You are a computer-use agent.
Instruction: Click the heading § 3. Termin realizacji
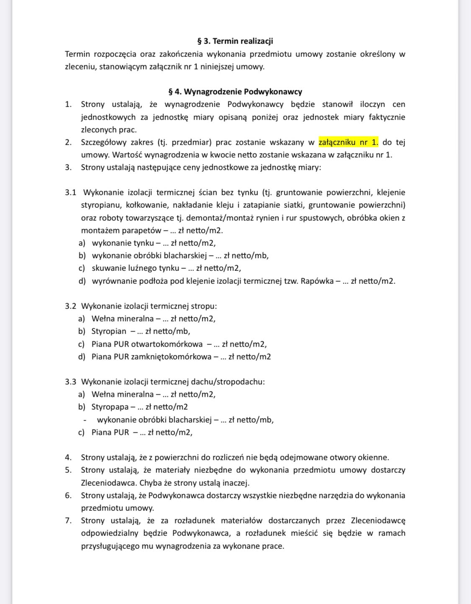tap(235, 41)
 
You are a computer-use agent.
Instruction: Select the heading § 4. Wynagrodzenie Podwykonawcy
tap(235, 92)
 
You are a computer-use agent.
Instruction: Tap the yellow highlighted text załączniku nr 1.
tap(348, 142)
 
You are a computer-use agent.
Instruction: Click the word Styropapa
tap(110, 407)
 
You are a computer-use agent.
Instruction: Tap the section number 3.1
tap(70, 192)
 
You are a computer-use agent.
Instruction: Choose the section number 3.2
tap(70, 306)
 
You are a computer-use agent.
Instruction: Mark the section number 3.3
tap(70, 382)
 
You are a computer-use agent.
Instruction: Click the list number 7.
tap(68, 520)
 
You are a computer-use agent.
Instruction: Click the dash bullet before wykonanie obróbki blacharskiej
tap(85, 420)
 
